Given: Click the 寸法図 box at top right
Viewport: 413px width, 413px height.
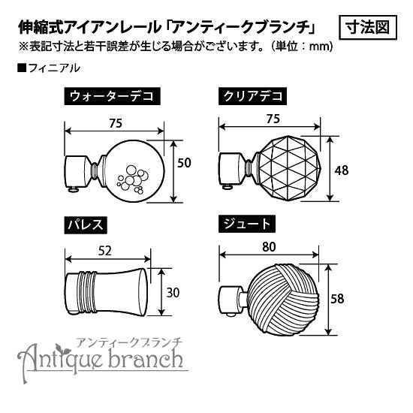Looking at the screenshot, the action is click(x=368, y=28).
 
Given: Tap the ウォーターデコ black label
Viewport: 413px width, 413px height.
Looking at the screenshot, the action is click(x=112, y=96).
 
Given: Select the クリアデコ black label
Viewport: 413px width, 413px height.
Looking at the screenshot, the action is click(x=252, y=96).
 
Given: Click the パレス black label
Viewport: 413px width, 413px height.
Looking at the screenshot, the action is click(x=86, y=225).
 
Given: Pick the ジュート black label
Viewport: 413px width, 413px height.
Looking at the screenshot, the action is click(x=247, y=225).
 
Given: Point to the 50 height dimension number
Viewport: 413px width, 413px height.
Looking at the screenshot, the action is click(x=184, y=163).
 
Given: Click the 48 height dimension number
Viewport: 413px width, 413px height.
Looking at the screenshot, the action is click(x=342, y=170).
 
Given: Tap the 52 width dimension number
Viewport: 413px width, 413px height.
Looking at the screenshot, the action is click(x=105, y=251).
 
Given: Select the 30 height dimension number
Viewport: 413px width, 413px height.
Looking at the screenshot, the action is click(x=173, y=293).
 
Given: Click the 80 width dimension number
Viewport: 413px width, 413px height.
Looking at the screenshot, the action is click(x=269, y=247).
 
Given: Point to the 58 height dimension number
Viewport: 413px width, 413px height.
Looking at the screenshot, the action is click(x=337, y=299).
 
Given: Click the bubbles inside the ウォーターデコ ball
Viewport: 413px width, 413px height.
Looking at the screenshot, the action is click(x=132, y=179).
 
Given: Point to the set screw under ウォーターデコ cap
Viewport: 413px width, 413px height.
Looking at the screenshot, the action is click(x=74, y=189).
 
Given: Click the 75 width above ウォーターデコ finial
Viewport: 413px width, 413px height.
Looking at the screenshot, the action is click(x=116, y=123).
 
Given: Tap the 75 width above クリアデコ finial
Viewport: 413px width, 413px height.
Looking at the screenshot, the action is click(x=273, y=119).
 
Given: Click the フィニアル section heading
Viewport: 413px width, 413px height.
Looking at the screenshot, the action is click(x=49, y=68).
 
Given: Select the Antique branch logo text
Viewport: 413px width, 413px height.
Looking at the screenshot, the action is click(x=101, y=359).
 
